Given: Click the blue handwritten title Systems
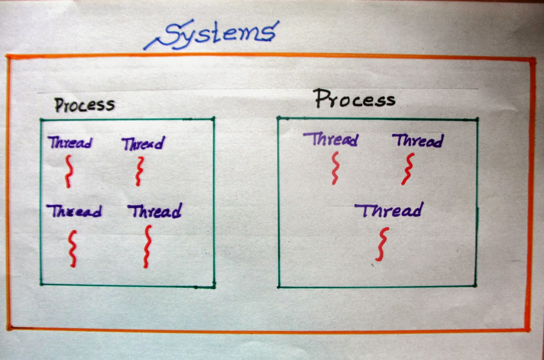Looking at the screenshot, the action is (218, 34).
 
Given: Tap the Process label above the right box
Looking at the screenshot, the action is (355, 99).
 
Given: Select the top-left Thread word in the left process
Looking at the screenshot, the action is (70, 142).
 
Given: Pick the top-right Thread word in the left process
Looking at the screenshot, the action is (143, 143).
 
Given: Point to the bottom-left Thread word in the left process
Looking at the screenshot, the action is (74, 211).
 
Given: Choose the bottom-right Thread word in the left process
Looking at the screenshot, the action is (155, 211).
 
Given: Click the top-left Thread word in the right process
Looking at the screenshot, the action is (331, 139).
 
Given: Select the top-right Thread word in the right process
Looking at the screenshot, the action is (418, 140).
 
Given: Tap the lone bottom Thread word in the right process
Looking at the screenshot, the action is (389, 210).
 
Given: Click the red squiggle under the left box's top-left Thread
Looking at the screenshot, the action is (69, 171).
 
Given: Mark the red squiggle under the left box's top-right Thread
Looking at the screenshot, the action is (139, 171).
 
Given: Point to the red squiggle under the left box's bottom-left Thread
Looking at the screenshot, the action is (72, 248).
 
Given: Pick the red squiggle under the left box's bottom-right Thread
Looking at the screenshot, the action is (147, 246).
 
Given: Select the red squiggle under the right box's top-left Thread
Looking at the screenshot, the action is (336, 168).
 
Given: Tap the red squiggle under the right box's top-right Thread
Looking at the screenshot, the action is (408, 169).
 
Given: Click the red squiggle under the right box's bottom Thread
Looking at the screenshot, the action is (382, 244).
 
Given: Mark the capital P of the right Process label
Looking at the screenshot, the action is (322, 99).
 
